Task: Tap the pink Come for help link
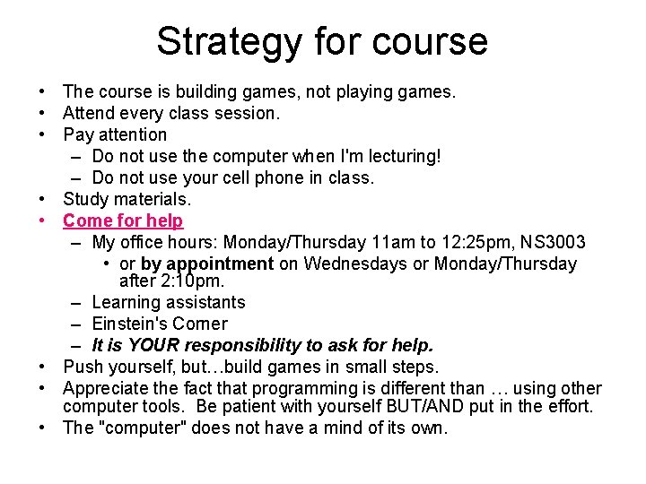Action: [123, 220]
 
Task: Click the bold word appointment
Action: [220, 264]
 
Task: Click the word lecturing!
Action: [404, 156]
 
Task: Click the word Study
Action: [83, 199]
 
